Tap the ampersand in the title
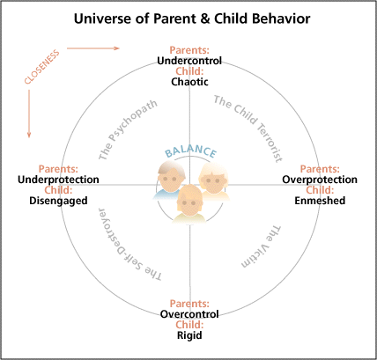tap(204, 18)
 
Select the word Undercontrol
tap(189, 61)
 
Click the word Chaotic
tap(189, 82)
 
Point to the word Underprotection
tap(58, 180)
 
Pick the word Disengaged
tap(58, 201)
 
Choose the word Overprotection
tap(320, 180)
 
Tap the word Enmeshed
tap(320, 201)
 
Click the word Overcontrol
tap(189, 314)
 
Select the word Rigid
tap(189, 335)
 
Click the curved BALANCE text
tap(190, 151)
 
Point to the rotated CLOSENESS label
tap(42, 67)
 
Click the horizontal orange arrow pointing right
tap(93, 48)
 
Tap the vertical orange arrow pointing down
tap(29, 114)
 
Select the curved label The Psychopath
tap(128, 130)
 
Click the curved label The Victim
tap(262, 247)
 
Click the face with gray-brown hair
tap(172, 179)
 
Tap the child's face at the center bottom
tap(189, 202)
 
